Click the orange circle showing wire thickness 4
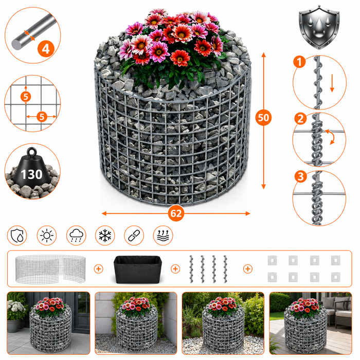(46, 49)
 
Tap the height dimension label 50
(263, 118)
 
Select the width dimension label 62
(176, 213)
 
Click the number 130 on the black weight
(32, 174)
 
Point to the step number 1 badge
(299, 62)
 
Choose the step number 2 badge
(300, 119)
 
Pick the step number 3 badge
(300, 176)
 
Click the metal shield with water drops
(319, 28)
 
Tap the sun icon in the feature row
(47, 236)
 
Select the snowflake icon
(105, 236)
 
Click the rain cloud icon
(76, 236)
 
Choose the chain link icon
(134, 236)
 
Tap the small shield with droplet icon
(17, 236)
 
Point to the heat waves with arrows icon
(163, 236)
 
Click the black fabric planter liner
(138, 269)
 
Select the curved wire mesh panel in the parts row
(50, 269)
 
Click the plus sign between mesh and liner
(99, 269)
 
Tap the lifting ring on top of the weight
(32, 152)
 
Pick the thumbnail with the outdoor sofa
(311, 323)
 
